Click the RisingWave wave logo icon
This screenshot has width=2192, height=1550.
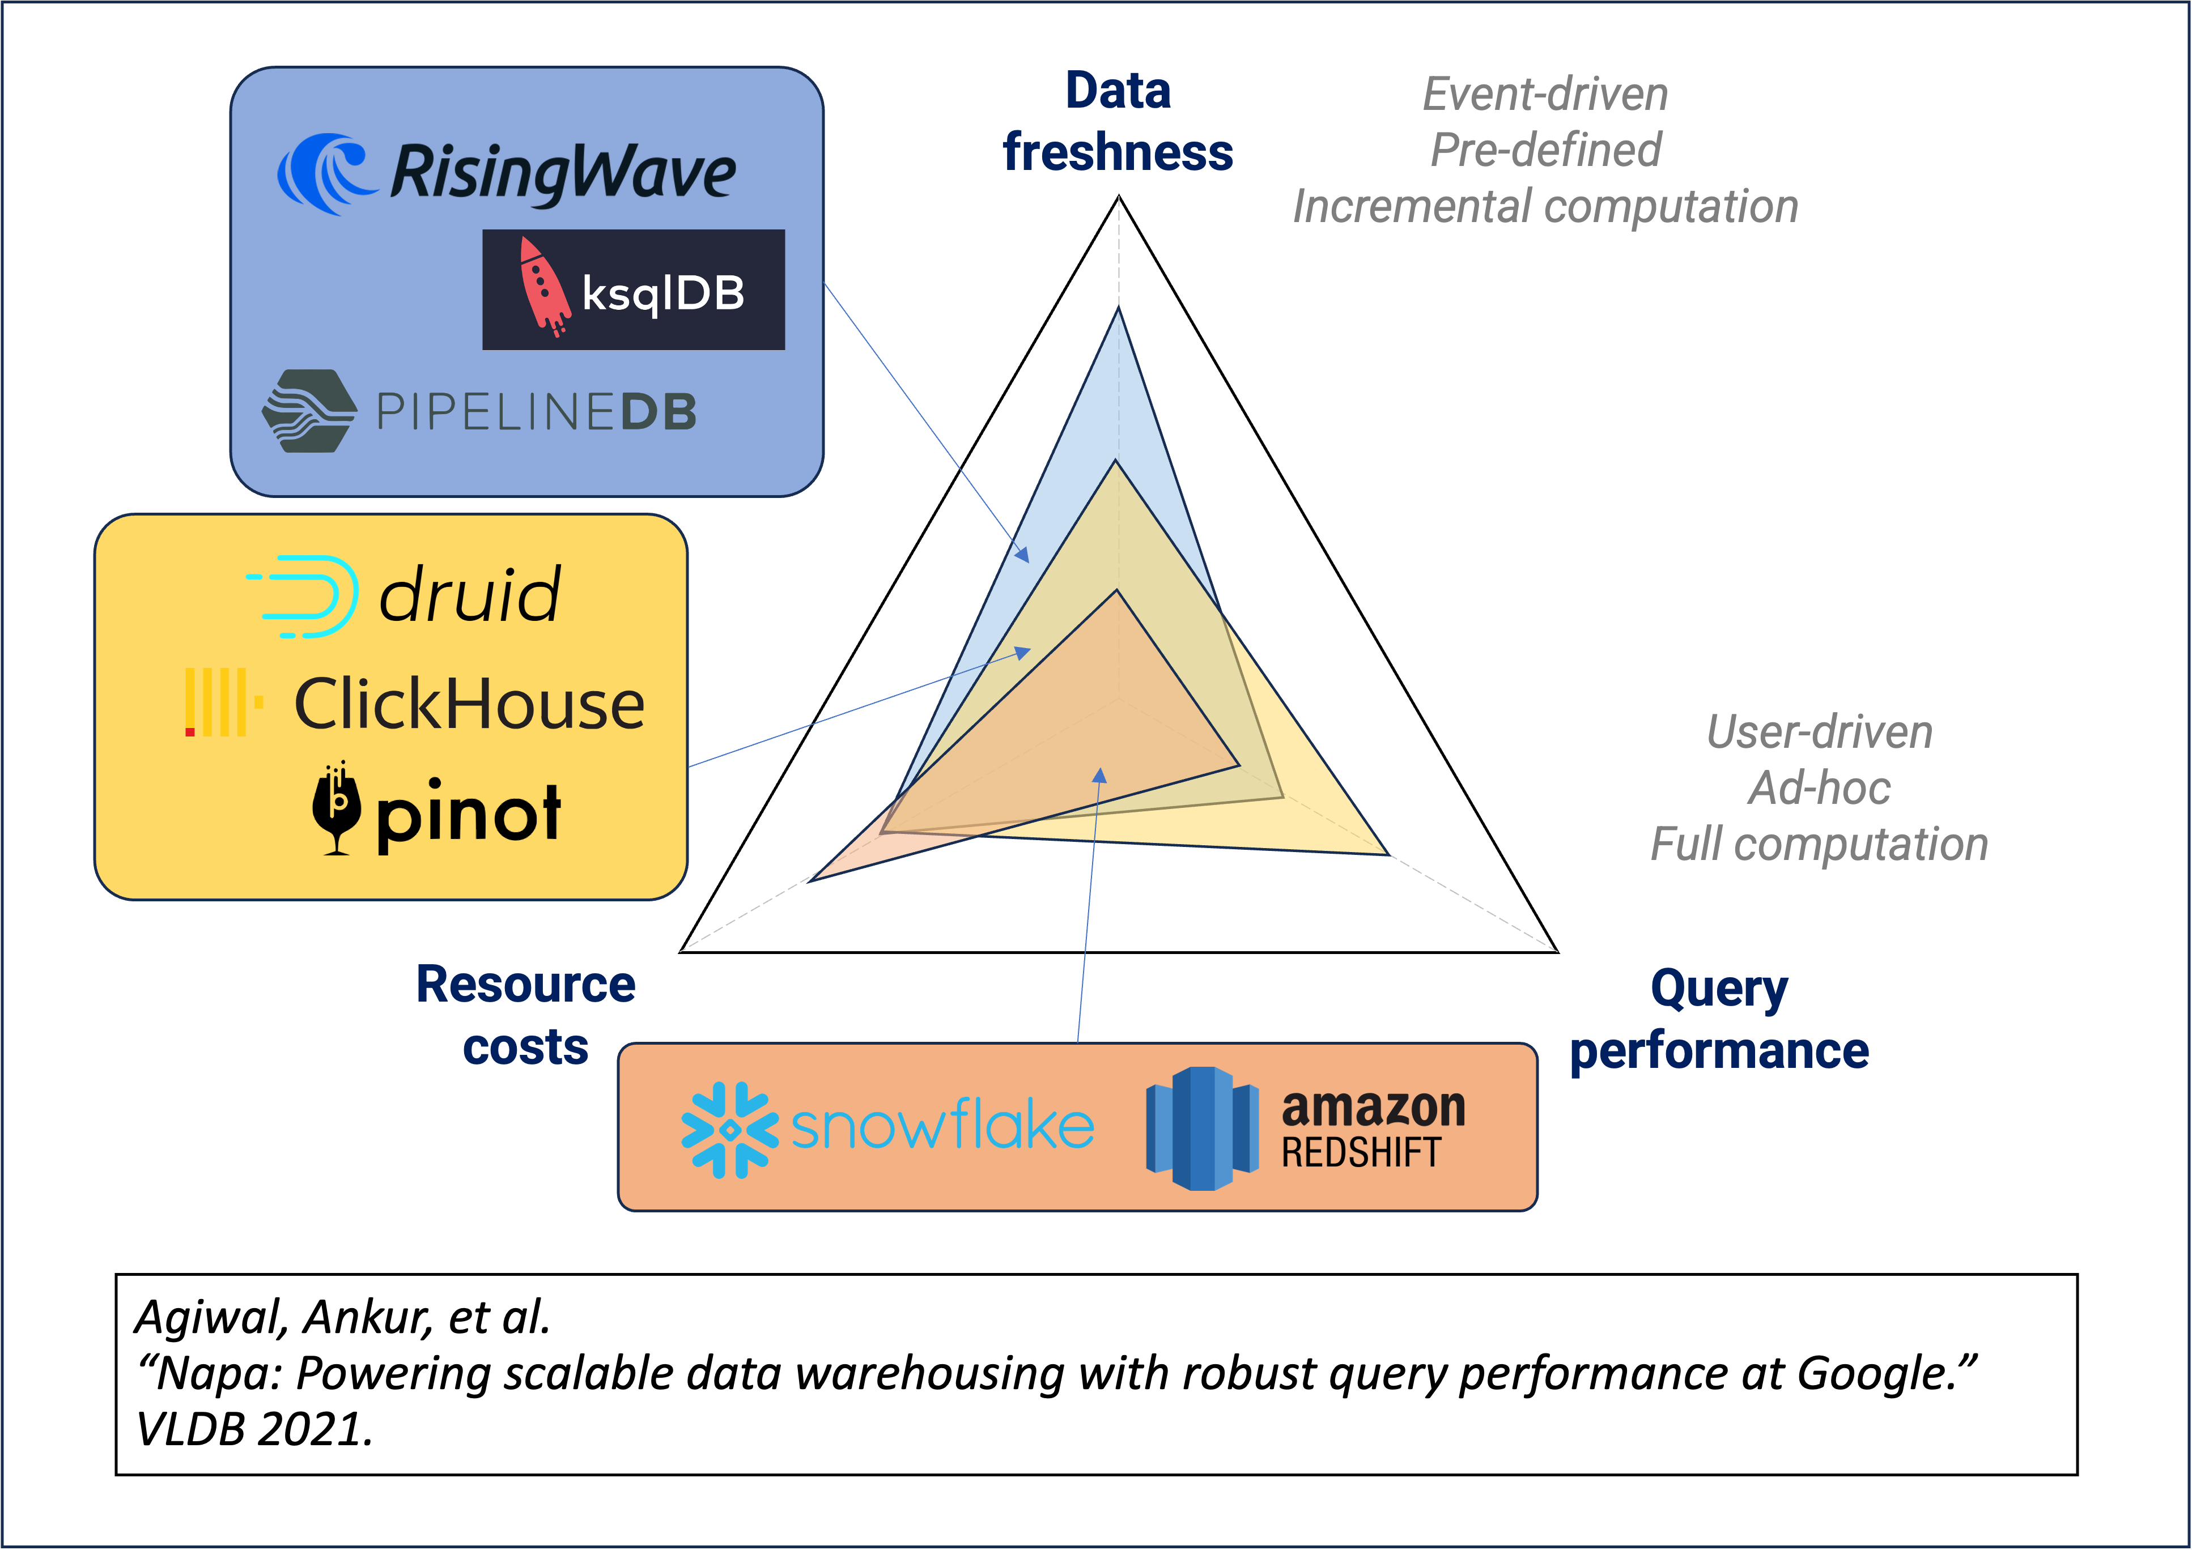(x=325, y=174)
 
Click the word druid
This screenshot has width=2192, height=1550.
(x=470, y=595)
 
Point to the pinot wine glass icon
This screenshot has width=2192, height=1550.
(x=336, y=810)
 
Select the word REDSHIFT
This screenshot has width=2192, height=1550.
(x=1361, y=1153)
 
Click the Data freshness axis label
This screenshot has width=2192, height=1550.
(x=1118, y=122)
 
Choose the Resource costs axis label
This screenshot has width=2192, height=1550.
(x=526, y=1016)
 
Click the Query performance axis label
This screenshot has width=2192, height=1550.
(x=1718, y=1019)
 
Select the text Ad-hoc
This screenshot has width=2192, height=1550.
(x=1819, y=789)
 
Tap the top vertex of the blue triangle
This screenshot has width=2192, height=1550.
(x=1118, y=307)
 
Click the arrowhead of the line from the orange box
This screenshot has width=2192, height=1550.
(x=1100, y=774)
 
